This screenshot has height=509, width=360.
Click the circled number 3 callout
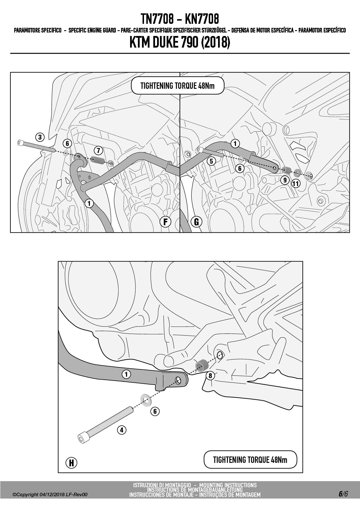click(40, 137)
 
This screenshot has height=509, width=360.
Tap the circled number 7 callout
click(98, 150)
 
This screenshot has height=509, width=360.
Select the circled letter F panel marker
click(165, 222)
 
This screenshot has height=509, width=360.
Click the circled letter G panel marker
click(197, 222)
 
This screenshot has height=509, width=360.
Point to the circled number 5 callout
click(211, 161)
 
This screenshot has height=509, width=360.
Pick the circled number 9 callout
click(285, 180)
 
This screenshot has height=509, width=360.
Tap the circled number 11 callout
click(296, 183)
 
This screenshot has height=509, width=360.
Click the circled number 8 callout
click(210, 376)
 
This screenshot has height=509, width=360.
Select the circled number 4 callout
click(122, 430)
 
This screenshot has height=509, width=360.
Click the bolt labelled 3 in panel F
click(36, 146)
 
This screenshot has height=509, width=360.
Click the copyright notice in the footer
click(50, 495)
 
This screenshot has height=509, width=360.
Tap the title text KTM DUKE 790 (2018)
click(180, 43)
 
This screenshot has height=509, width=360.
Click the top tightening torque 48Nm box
click(177, 86)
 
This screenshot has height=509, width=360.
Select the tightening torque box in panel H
click(250, 460)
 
